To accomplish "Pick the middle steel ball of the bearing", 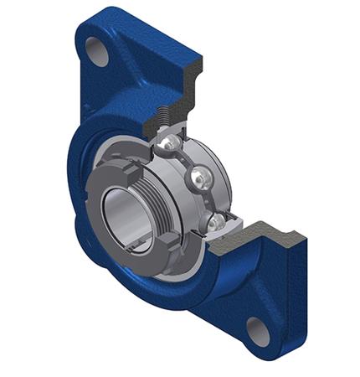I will click(x=200, y=178).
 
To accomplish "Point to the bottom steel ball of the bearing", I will click(x=217, y=222).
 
